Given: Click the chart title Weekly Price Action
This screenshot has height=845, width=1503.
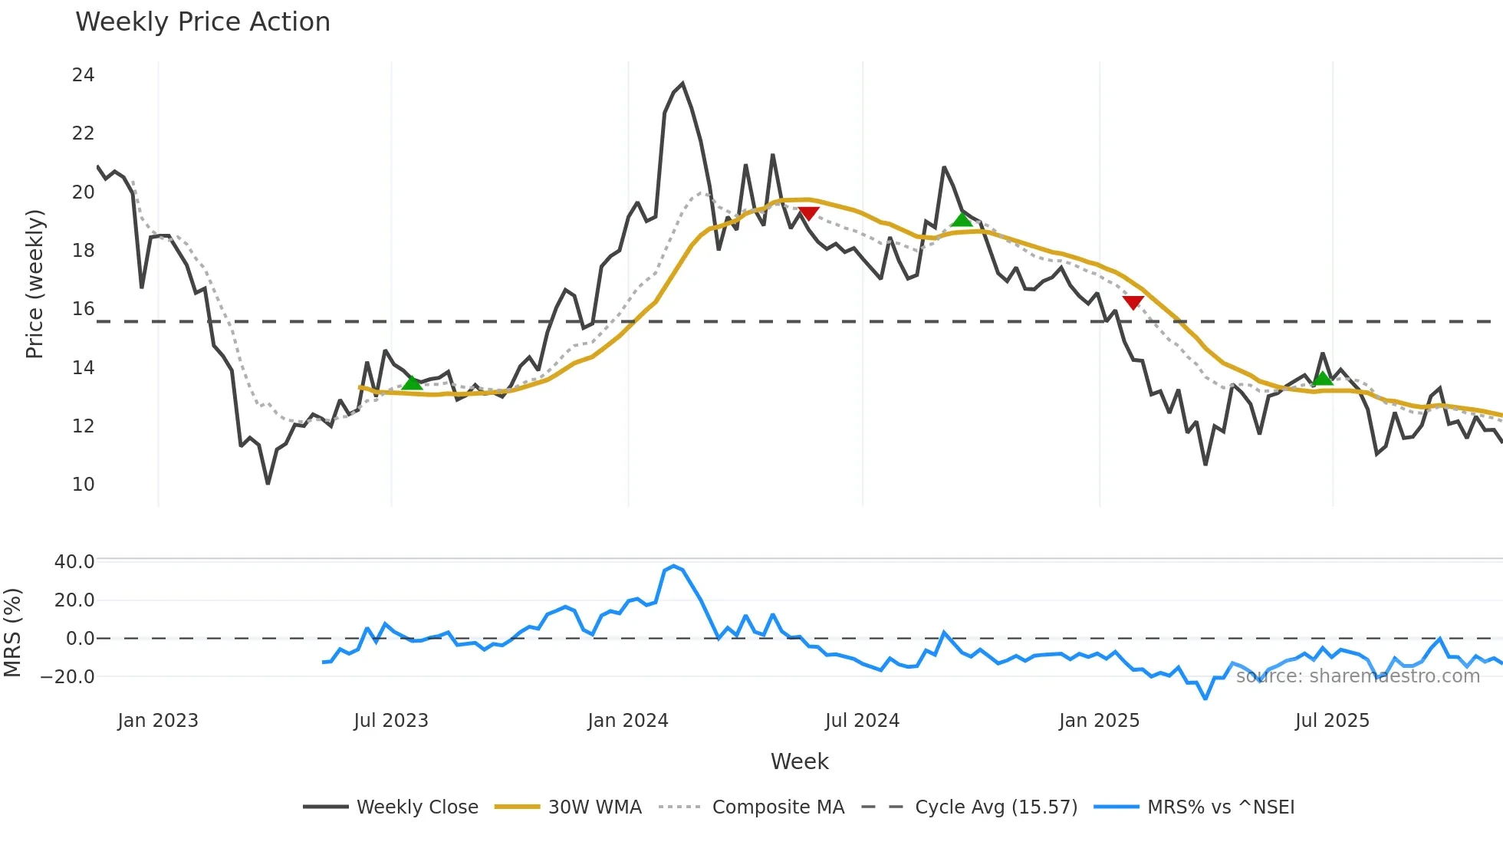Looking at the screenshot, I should coord(202,22).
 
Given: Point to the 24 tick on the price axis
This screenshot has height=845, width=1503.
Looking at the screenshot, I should coord(83,75).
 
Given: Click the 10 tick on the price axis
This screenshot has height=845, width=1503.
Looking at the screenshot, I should coord(83,485).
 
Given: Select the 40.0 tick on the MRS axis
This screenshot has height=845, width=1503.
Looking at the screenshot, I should coord(74,562).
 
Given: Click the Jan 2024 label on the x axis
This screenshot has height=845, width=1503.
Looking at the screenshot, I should coord(628,721).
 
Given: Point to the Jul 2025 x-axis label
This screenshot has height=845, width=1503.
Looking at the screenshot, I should coord(1332,721).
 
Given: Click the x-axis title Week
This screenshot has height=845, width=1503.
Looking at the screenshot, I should coord(799,761).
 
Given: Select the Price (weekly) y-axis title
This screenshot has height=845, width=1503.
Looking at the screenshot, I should coord(35,284).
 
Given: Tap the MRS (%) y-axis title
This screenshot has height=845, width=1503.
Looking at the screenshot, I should coord(12,633).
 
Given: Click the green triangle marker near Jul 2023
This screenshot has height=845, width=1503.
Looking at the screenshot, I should coord(412,383).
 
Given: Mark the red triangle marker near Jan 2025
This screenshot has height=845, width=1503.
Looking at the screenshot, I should coord(1133,303).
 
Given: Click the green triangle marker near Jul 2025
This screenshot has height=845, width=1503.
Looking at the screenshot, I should coord(1323,378).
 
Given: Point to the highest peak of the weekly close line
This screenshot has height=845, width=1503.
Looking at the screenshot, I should coord(682,84).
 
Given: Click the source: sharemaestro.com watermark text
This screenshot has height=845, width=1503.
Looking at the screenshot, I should coord(1357,676).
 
